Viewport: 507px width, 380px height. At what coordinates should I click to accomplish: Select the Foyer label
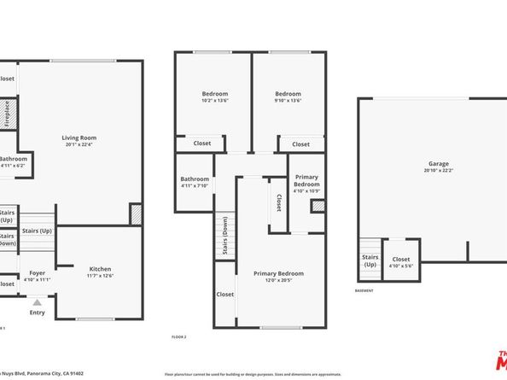[x=38, y=273]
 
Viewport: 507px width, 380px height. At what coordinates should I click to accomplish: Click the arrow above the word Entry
[x=37, y=301]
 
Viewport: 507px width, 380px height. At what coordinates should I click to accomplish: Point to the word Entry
[x=38, y=313]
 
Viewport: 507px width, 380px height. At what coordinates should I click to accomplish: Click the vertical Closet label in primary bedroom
[x=279, y=202]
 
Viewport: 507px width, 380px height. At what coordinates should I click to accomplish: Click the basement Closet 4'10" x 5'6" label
[x=400, y=261]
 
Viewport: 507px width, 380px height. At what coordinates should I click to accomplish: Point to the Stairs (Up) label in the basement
[x=370, y=260]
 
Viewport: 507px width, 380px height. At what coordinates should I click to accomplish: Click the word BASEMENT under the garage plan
[x=364, y=291]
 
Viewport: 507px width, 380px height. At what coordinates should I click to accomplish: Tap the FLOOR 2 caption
[x=179, y=336]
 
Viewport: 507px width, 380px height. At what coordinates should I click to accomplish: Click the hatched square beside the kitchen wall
[x=135, y=214]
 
